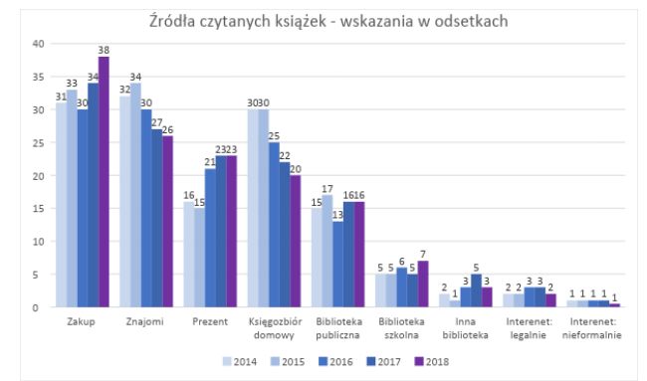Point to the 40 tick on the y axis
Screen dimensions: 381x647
point(38,44)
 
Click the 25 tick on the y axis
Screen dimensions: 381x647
point(38,142)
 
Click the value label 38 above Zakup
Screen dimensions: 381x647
point(104,50)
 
